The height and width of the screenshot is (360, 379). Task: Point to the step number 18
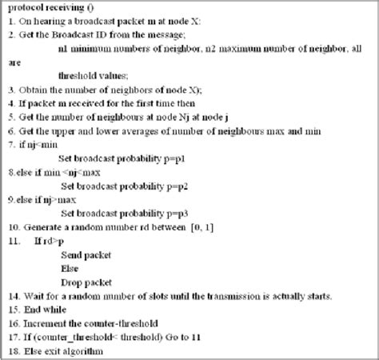[x=13, y=350]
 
